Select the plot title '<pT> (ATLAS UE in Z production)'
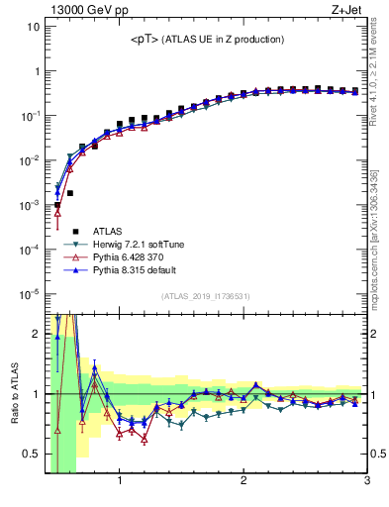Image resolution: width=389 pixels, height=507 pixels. point(207,40)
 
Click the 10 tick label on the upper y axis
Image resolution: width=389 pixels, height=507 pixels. point(33,27)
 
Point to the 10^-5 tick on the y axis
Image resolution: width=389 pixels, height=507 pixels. point(29,294)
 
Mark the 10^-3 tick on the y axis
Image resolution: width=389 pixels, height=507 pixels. point(29,205)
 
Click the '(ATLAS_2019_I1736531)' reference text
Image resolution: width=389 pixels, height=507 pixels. point(207,296)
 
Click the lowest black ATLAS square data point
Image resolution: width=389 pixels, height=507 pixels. point(57,205)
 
